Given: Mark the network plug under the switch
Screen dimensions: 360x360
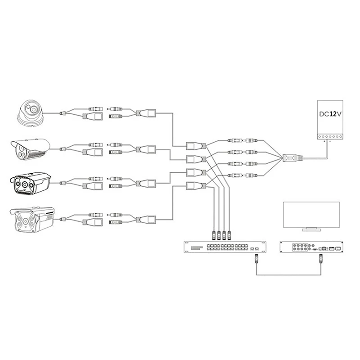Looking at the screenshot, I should tap(256, 259).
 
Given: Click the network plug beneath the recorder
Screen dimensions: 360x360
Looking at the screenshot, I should tap(321, 259).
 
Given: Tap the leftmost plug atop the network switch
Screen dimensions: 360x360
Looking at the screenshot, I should tap(214, 234).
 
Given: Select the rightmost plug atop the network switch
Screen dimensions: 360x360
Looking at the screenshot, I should tap(229, 234).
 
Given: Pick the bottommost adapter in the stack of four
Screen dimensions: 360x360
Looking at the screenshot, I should tap(195, 185).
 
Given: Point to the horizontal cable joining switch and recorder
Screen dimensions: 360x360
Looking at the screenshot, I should tap(289, 275).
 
